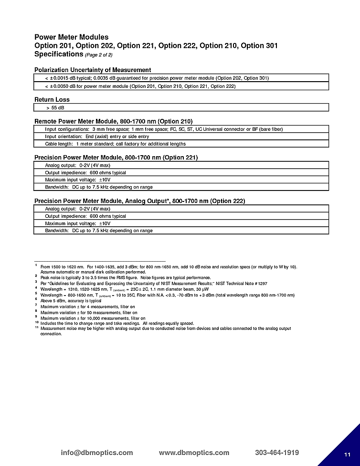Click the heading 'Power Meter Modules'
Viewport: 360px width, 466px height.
71,37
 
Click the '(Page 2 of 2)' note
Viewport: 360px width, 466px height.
99,55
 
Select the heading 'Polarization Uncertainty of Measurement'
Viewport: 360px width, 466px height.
93,70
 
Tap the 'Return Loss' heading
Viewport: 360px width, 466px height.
52,99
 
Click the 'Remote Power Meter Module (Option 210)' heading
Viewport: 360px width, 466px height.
114,121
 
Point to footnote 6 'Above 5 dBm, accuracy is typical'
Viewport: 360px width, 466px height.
71,301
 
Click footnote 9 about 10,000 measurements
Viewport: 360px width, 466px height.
93,318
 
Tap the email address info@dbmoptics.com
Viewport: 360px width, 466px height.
97,453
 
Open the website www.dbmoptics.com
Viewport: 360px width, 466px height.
194,453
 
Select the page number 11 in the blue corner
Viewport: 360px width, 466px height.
347,454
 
